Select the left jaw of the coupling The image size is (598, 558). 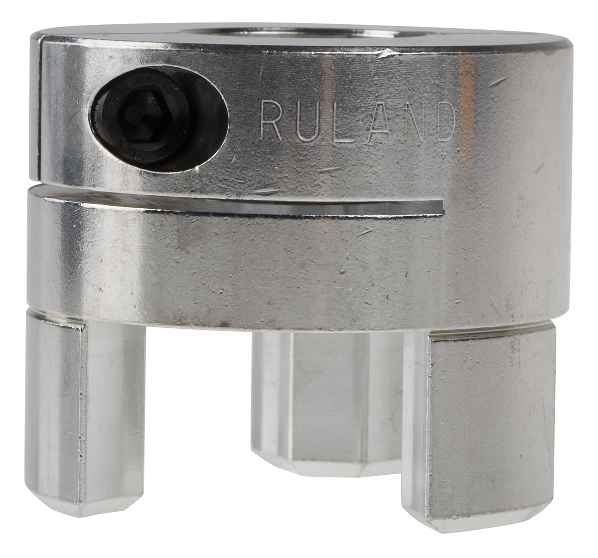point(85,399)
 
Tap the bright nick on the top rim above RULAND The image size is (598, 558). point(386,51)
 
